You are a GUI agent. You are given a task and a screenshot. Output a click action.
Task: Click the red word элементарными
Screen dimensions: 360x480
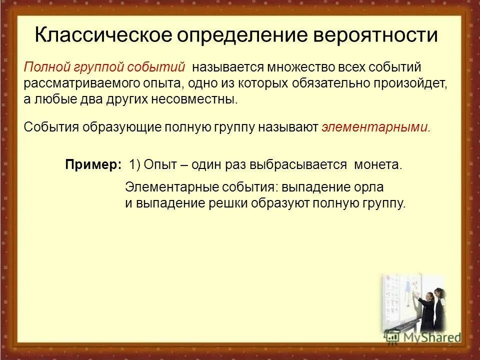tap(375, 127)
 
